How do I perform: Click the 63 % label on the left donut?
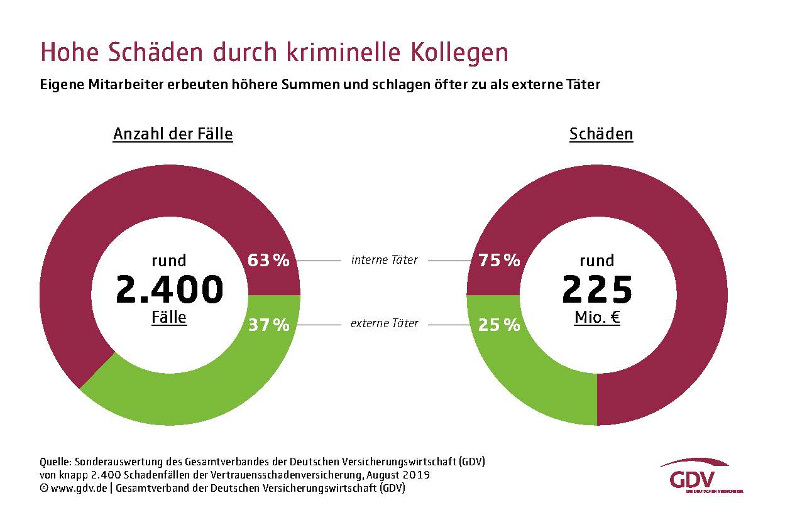pyautogui.click(x=268, y=260)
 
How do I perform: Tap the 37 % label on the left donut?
pyautogui.click(x=268, y=325)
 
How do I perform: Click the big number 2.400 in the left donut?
pyautogui.click(x=170, y=289)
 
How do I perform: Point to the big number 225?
pyautogui.click(x=597, y=289)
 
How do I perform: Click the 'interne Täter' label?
pyautogui.click(x=384, y=260)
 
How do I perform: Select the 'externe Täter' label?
pyautogui.click(x=384, y=324)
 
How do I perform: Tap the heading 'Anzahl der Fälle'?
pyautogui.click(x=173, y=134)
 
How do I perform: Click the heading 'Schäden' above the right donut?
pyautogui.click(x=601, y=134)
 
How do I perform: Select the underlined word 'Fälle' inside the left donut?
pyautogui.click(x=169, y=317)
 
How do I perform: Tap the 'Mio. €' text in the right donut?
pyautogui.click(x=597, y=318)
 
